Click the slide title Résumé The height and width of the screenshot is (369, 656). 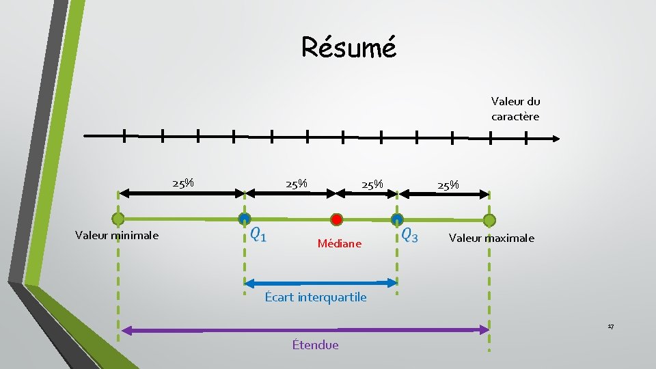coord(348,47)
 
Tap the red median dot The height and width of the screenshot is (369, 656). coord(336,219)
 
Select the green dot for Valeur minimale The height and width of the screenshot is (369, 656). coord(118,219)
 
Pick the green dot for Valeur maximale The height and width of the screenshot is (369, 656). coord(489,219)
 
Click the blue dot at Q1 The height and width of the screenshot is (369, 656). coord(244,219)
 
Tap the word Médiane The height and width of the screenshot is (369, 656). coord(340,243)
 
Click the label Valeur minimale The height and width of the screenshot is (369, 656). coord(117,235)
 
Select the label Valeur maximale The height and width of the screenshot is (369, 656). coord(491,238)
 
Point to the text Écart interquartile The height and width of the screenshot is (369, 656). coord(316,297)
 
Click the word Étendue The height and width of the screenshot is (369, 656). coord(315,344)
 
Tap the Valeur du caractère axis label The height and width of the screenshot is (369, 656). coord(515,109)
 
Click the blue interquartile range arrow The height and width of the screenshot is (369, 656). coord(320,282)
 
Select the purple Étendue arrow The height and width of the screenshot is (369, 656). coord(304,330)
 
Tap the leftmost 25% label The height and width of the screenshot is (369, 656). coord(183,183)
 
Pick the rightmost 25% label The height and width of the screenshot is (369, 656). coord(448,185)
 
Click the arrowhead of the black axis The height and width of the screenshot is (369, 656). coord(554,138)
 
